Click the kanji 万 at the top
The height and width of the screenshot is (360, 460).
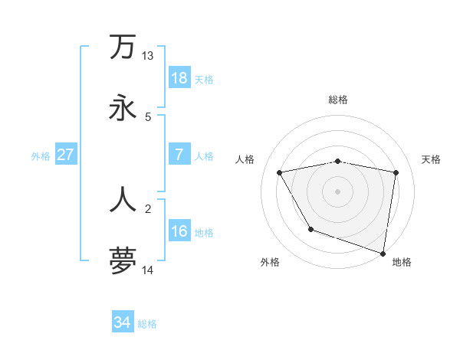tap(123, 47)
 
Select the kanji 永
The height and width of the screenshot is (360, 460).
tap(123, 108)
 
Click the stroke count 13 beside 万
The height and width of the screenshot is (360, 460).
tap(147, 56)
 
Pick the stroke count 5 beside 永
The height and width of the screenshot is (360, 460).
tap(148, 116)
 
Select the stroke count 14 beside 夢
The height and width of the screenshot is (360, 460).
tap(147, 270)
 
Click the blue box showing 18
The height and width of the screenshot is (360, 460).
tap(179, 78)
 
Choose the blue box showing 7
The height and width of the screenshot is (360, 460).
tap(179, 155)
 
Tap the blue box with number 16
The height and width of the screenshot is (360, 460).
tap(179, 231)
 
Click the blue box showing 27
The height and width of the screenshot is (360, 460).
tap(66, 155)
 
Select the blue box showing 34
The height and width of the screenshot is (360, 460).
tap(123, 323)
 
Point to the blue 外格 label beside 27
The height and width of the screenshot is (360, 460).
tap(41, 155)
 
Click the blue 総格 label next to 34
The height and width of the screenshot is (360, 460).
tap(147, 324)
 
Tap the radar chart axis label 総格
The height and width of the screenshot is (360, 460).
tap(337, 100)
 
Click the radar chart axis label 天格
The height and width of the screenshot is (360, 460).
tap(432, 159)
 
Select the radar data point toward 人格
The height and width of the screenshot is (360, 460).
tap(280, 172)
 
